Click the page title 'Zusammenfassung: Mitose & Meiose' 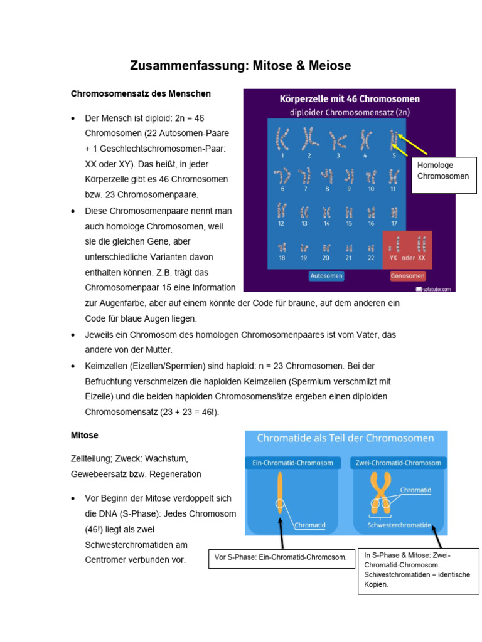click(x=240, y=66)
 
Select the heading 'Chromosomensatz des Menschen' click(x=141, y=93)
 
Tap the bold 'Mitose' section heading click(x=85, y=434)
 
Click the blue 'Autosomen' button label click(x=326, y=276)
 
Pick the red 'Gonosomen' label click(x=408, y=276)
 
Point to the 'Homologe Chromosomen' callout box click(x=443, y=171)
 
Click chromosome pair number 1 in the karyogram click(x=282, y=140)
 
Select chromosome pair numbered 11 click(x=393, y=176)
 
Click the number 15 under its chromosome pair click(x=349, y=223)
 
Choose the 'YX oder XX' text click(x=407, y=258)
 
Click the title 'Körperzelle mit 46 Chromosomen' click(x=350, y=99)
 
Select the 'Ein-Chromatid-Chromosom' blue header click(x=292, y=463)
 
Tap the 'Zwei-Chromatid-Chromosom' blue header click(x=399, y=463)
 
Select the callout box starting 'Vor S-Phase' click(x=282, y=557)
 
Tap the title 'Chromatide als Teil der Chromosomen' click(x=346, y=438)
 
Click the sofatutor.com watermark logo click(x=435, y=288)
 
